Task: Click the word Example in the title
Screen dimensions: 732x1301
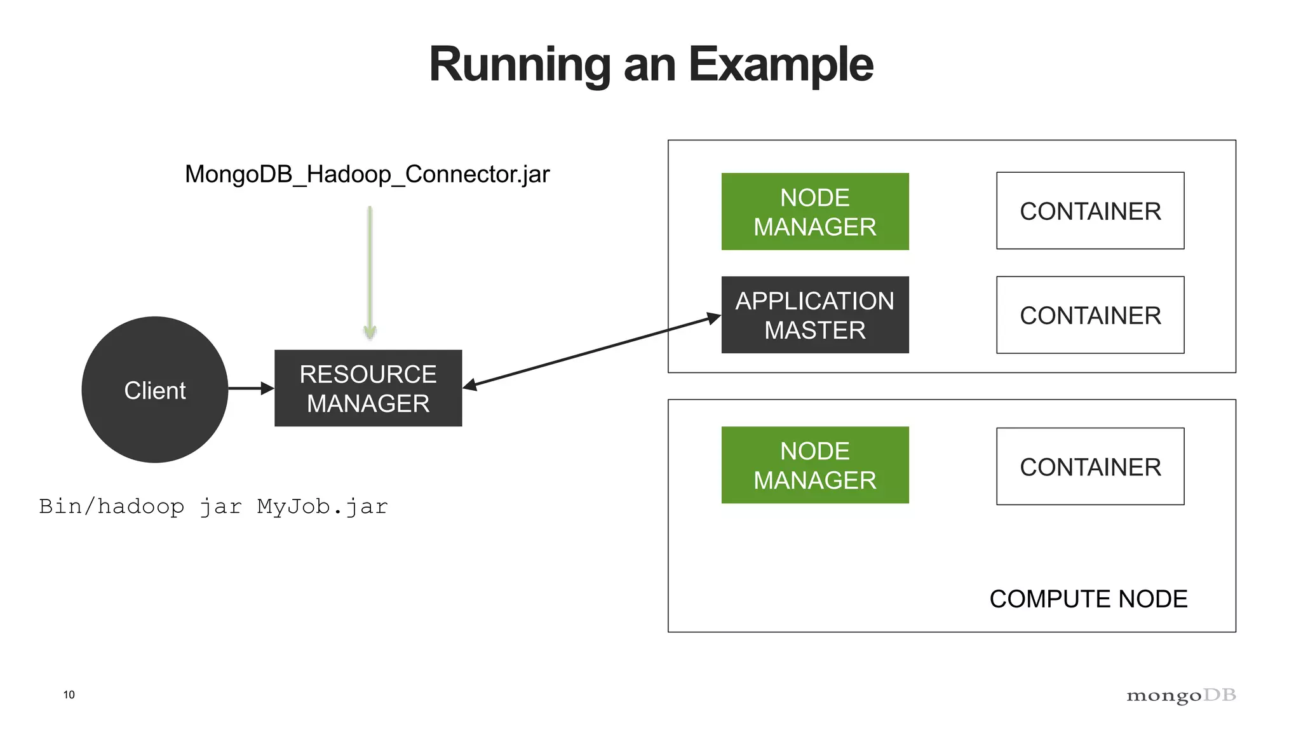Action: pos(781,65)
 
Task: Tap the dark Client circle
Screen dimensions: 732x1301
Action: pos(155,390)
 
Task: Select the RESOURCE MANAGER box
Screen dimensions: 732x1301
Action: pos(368,388)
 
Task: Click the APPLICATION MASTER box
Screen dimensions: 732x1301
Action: pos(814,315)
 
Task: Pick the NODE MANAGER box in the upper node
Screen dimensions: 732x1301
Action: pos(814,212)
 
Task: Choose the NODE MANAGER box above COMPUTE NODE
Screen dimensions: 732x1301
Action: pos(814,465)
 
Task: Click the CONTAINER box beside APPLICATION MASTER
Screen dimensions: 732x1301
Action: pos(1090,315)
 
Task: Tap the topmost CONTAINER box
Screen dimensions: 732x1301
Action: pos(1090,211)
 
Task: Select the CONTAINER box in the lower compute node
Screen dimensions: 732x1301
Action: pos(1090,466)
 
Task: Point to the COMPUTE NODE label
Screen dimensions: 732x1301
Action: pos(1088,599)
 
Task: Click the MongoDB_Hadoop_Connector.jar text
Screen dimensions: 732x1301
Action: pos(367,174)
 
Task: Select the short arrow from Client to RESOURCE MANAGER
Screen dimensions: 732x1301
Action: pos(250,388)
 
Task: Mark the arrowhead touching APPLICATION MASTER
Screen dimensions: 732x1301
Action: pos(714,318)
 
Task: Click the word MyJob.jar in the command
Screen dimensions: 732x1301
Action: pos(322,506)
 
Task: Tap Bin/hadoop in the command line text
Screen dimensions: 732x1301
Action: pos(112,506)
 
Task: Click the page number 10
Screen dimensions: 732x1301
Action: pos(69,695)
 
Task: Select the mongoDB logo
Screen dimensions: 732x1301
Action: pos(1181,696)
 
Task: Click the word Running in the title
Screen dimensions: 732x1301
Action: pos(520,65)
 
